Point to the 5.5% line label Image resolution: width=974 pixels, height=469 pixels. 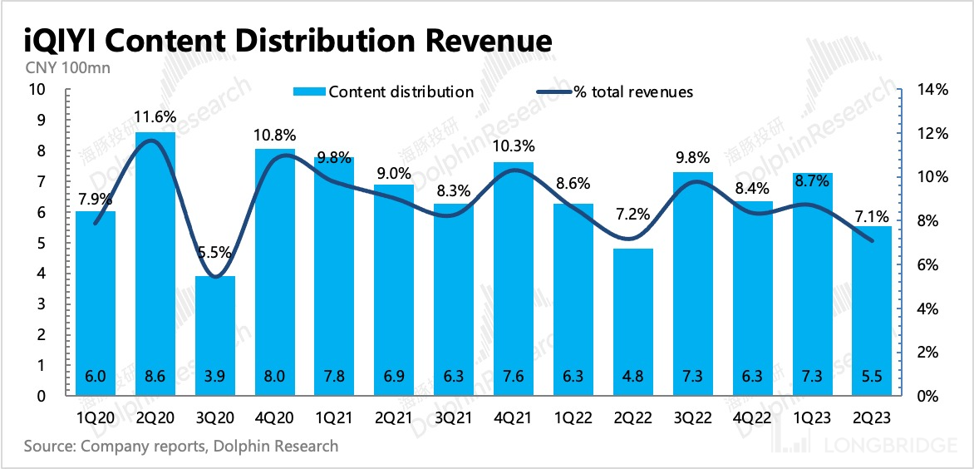[x=215, y=254]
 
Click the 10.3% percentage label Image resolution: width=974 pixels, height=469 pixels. [x=514, y=146]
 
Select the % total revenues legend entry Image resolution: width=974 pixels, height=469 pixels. [x=632, y=91]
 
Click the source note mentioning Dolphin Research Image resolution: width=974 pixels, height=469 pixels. [x=181, y=447]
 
